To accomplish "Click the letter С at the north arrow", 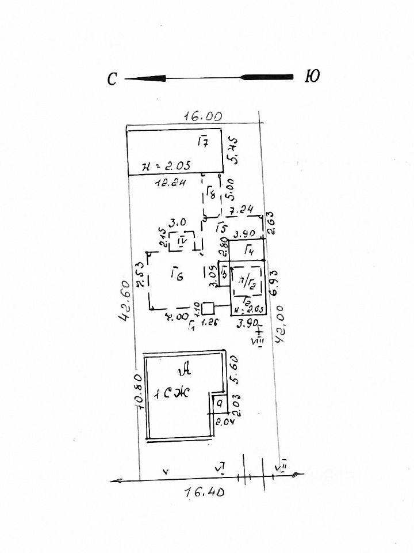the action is [113, 79].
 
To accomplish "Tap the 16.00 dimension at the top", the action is [202, 116].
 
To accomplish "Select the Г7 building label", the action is [202, 142].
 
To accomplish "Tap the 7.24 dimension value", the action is [241, 211].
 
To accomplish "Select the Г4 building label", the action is [249, 250].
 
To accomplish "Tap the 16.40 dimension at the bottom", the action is [204, 493].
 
